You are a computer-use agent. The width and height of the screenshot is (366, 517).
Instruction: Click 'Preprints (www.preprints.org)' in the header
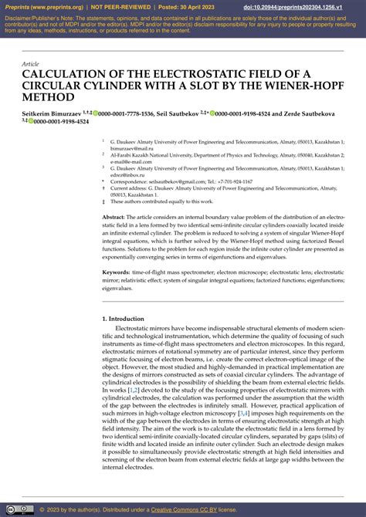click(x=43, y=7)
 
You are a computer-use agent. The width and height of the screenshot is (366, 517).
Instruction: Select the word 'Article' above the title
click(x=30, y=64)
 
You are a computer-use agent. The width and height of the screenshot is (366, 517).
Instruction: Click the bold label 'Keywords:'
click(x=120, y=272)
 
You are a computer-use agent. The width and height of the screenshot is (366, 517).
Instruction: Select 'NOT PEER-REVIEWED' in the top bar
click(x=120, y=7)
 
